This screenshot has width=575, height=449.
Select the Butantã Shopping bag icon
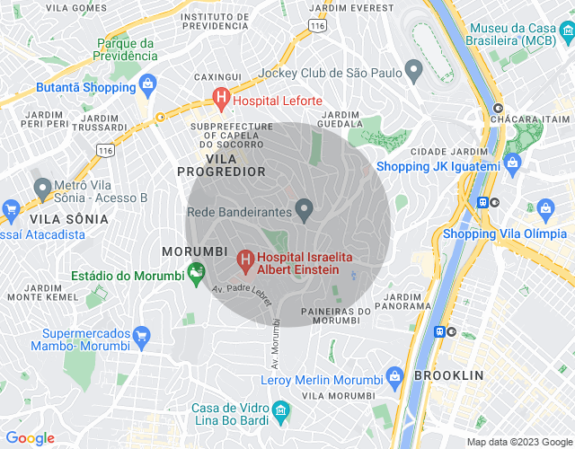147,87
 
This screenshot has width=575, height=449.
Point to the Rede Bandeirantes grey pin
305,212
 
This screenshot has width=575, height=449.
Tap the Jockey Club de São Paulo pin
413,70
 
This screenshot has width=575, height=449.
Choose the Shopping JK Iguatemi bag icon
513,164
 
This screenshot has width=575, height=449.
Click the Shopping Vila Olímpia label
508,235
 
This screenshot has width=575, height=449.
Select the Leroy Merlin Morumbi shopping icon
394,376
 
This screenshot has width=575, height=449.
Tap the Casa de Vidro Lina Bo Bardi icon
281,413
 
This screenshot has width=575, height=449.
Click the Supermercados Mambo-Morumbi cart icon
140,338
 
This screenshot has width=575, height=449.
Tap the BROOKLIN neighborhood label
448,375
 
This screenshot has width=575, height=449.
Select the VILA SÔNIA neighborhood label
69,218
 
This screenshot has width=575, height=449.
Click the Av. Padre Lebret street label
242,296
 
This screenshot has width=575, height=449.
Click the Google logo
30,438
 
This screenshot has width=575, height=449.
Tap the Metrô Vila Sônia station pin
41,189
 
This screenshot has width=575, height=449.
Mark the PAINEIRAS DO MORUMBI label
330,315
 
